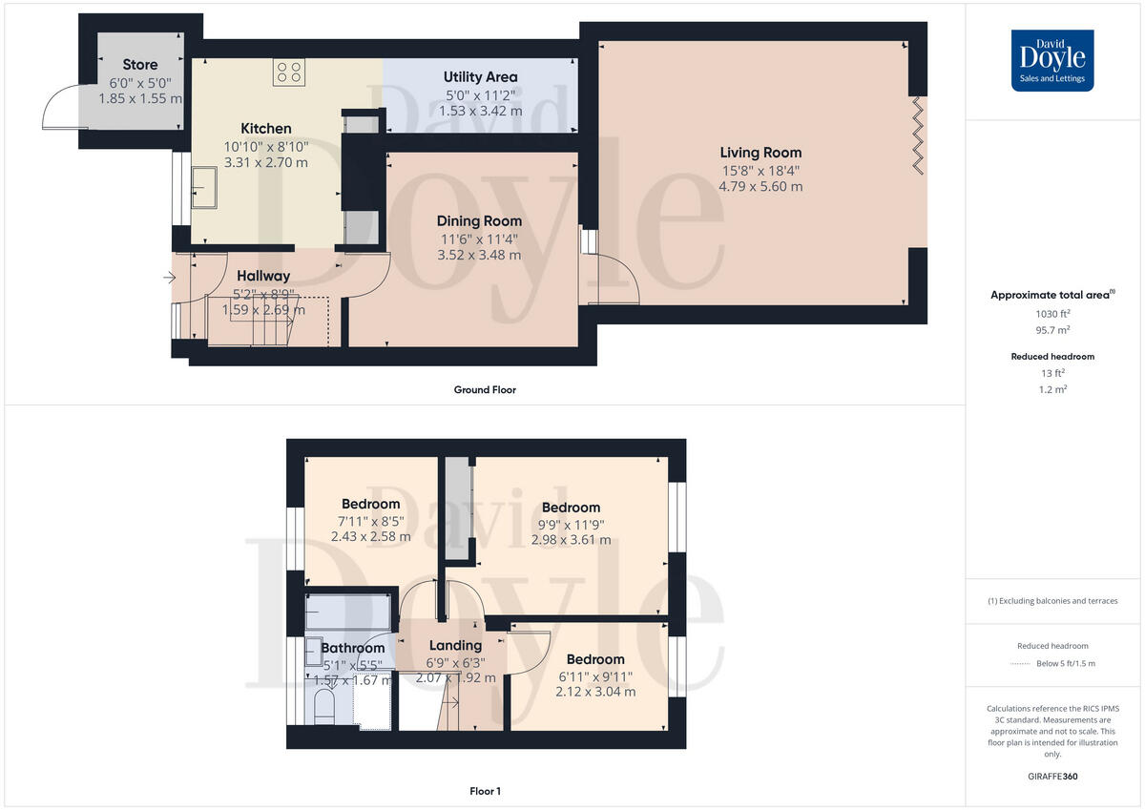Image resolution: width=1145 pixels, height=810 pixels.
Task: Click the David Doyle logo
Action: [x=1052, y=60]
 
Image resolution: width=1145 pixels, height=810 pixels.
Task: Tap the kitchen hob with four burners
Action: [x=289, y=72]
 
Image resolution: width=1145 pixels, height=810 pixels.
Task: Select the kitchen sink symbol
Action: [x=204, y=187]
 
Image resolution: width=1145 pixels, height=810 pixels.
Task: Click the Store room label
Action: [x=140, y=65]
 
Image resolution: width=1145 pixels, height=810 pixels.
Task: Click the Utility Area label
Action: [x=481, y=76]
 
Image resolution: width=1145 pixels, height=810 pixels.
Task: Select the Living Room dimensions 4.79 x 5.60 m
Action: [x=760, y=187]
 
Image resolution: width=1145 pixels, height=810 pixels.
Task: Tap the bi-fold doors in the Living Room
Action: [x=918, y=135]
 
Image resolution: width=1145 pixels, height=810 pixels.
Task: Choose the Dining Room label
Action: [x=479, y=220]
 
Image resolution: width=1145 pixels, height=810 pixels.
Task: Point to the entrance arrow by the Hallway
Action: [x=170, y=279]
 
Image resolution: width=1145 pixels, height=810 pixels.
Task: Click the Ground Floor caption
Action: [x=485, y=389]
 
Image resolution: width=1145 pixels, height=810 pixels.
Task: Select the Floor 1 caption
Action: [x=485, y=791]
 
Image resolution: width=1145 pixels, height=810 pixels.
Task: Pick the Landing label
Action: [x=455, y=645]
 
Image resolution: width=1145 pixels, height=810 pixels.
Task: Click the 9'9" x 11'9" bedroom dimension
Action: [x=571, y=524]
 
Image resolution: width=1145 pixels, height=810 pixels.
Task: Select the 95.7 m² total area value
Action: [x=1052, y=330]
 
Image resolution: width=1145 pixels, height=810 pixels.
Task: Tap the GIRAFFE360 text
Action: [x=1052, y=777]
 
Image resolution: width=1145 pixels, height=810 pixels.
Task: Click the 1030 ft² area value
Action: [x=1052, y=314]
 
